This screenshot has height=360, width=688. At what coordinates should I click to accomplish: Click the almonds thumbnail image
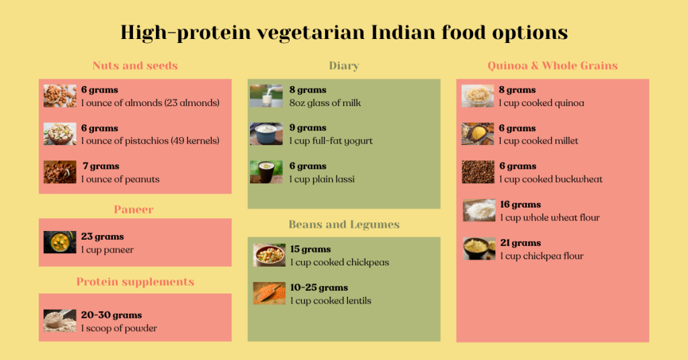tap(60, 96)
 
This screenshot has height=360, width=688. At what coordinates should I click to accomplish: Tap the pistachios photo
tap(60, 134)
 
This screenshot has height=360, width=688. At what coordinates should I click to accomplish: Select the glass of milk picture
tap(266, 96)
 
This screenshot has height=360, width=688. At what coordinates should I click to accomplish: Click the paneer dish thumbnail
tap(60, 242)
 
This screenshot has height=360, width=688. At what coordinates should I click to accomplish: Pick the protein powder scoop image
tap(60, 321)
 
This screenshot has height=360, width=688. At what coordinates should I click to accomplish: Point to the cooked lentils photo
tap(269, 294)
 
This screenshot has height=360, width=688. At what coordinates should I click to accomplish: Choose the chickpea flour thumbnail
tap(479, 249)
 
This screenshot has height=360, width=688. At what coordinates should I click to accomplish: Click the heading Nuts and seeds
tap(135, 66)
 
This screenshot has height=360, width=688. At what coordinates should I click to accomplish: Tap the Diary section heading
tap(344, 66)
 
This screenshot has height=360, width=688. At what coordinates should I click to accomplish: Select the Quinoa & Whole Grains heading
tap(552, 66)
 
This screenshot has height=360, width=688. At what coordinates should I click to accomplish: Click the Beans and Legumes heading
tap(344, 224)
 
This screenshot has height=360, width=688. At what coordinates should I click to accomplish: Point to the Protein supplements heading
tap(135, 282)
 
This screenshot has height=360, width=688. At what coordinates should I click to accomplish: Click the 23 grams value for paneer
tap(103, 236)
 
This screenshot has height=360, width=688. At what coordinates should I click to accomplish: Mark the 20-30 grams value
tap(112, 315)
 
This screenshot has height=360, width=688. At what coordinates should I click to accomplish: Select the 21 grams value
tap(520, 243)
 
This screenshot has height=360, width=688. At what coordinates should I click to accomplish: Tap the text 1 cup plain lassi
tap(322, 179)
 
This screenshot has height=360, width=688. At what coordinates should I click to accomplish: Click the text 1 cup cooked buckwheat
tap(551, 179)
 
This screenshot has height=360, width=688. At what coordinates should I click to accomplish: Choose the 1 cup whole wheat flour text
tap(550, 218)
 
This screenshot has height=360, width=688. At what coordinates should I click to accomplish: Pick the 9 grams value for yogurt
tap(308, 128)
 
